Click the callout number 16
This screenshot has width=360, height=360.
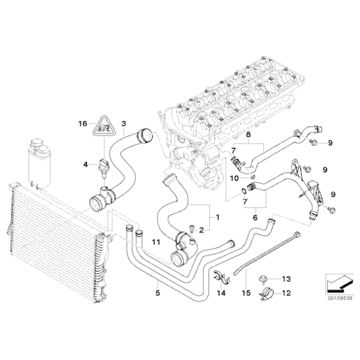[x=83, y=124]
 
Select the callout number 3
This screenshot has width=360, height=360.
[x=124, y=124]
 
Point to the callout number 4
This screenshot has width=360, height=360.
[x=86, y=164]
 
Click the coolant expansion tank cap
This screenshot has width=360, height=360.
[x=36, y=142]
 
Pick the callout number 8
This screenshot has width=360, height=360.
[x=248, y=135]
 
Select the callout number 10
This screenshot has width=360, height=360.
[x=235, y=178]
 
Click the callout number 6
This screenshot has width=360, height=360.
[x=255, y=218]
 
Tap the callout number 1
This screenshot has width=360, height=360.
[x=217, y=217]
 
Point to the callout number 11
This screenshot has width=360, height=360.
[x=156, y=242]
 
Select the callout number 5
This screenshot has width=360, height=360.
[x=158, y=293]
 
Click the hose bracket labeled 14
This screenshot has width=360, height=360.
[x=222, y=277]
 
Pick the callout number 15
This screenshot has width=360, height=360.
[x=246, y=293]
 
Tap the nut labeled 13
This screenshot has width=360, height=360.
[x=262, y=279]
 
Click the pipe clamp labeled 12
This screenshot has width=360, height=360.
[x=266, y=293]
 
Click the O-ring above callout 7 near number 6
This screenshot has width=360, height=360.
[x=244, y=191]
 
